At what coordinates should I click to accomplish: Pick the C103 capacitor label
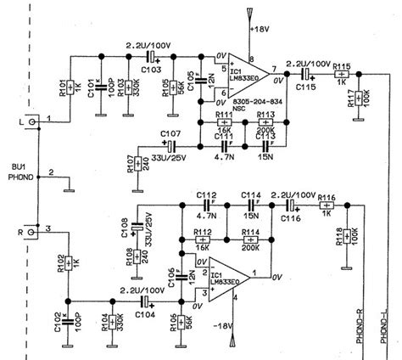pos(149,68)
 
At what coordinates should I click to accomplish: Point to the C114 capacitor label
pos(251,194)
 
